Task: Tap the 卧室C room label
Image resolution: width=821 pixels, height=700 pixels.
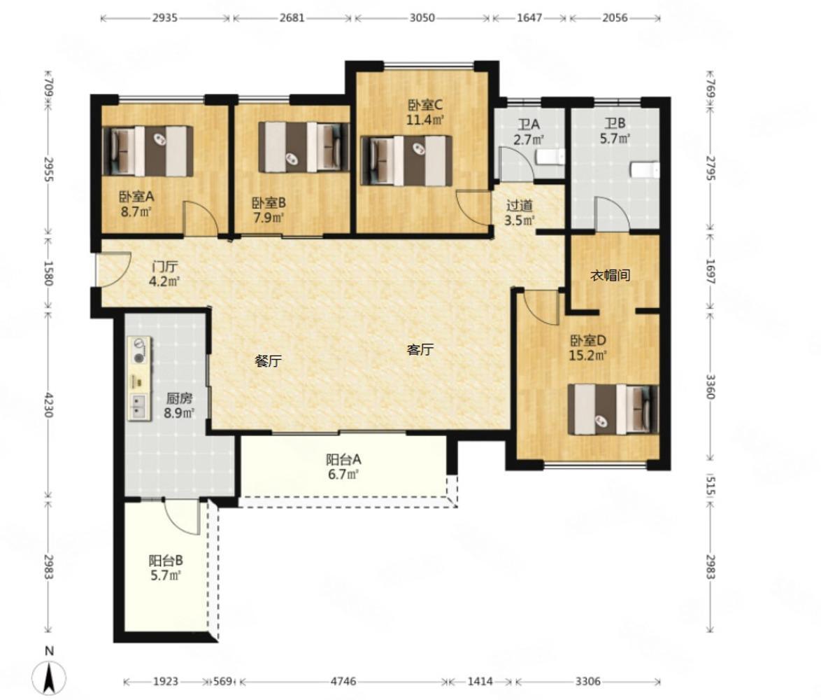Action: click(425, 104)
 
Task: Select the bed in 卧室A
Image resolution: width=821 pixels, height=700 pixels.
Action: click(148, 151)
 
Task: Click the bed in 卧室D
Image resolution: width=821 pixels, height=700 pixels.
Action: click(613, 409)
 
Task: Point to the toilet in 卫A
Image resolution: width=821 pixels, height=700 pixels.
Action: click(551, 157)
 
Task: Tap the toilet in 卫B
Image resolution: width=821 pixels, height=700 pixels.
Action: click(644, 170)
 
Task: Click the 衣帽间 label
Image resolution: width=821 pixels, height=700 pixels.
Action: click(610, 275)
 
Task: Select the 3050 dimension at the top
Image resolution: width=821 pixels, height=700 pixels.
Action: click(422, 17)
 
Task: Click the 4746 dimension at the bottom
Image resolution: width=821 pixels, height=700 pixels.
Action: click(343, 681)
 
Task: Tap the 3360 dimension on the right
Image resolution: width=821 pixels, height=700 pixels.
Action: click(710, 386)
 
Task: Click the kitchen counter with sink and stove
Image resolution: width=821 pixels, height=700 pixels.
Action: click(139, 378)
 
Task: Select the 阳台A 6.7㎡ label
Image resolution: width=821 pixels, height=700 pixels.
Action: click(343, 467)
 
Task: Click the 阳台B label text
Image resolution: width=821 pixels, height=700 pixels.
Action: click(166, 561)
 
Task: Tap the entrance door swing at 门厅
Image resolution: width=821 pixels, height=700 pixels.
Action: click(113, 269)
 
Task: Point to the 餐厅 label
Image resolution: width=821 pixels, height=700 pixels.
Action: click(268, 360)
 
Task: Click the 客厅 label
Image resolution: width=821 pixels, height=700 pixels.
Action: click(420, 349)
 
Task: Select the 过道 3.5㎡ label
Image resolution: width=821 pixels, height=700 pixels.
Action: click(520, 212)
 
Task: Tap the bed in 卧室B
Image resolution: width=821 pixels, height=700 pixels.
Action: click(304, 147)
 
